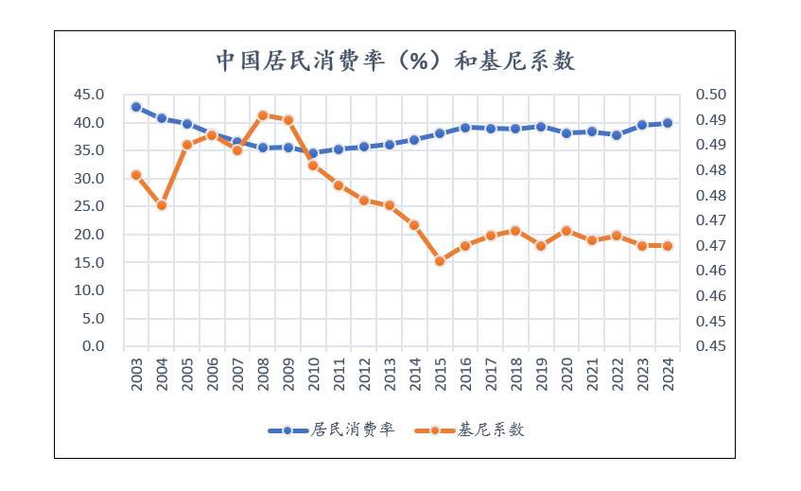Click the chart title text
click(395, 61)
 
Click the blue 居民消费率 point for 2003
click(136, 107)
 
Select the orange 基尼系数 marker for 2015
click(440, 261)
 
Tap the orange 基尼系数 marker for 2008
click(263, 115)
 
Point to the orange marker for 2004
click(162, 205)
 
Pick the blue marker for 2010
click(313, 153)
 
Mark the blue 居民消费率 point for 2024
click(668, 123)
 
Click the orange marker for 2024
click(668, 246)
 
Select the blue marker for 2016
click(465, 128)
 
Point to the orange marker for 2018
click(515, 231)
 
